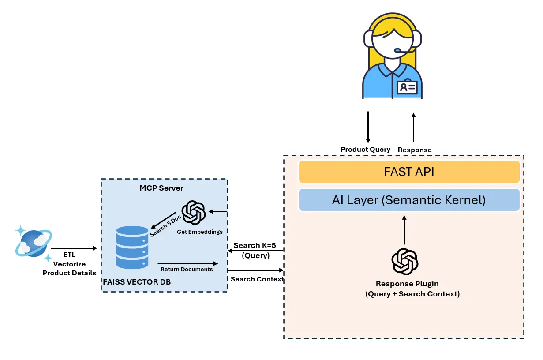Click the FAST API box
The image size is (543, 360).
[x=409, y=172]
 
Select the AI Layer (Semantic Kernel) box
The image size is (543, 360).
[x=409, y=200]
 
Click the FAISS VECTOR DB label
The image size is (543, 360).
[x=137, y=282]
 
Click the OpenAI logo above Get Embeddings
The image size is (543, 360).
[x=194, y=213]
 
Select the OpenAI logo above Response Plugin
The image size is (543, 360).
[x=404, y=262]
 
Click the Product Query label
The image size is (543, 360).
[x=365, y=150]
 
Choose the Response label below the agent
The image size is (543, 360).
[x=415, y=150]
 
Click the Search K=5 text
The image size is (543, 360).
[x=255, y=245]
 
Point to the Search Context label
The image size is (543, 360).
[x=257, y=279]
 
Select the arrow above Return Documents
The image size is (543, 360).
[x=187, y=262]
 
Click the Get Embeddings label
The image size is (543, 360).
[x=200, y=232]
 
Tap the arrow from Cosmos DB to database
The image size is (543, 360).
[x=74, y=248]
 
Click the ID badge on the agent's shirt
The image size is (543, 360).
[x=407, y=87]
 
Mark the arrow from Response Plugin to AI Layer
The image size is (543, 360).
[x=404, y=230]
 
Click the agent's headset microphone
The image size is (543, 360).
[x=398, y=50]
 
